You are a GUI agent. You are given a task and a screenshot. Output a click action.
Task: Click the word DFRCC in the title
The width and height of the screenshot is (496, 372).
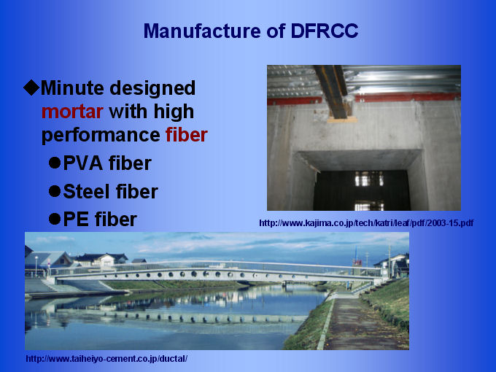pos(325,31)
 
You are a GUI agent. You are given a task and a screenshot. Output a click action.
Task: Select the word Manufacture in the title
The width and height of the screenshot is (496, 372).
pos(202,31)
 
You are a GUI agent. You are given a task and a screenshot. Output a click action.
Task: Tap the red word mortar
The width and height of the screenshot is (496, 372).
pos(72,112)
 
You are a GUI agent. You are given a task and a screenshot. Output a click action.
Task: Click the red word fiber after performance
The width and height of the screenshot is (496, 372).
pos(187,135)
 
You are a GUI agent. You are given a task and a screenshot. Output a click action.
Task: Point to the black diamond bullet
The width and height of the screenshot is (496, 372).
pos(31,88)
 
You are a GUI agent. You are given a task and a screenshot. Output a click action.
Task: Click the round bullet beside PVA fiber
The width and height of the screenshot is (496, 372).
pos(55,163)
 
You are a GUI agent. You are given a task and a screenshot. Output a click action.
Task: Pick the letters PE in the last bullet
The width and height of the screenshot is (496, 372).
pos(76,220)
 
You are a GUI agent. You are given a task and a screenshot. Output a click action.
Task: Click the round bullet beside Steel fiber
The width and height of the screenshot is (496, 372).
pos(55,191)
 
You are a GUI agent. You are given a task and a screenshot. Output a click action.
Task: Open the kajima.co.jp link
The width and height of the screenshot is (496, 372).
pos(366,223)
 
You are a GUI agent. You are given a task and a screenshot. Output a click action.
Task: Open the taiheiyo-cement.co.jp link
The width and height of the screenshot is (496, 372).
pos(106,359)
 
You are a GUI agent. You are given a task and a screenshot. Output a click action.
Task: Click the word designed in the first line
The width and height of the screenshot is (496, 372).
pos(152,88)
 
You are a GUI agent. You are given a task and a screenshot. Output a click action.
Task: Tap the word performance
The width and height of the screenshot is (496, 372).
pos(101,136)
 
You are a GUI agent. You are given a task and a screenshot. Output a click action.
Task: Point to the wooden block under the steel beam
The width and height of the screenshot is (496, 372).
pos(342,119)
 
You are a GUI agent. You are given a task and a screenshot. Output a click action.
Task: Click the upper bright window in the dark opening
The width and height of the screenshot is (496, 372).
pos(369,179)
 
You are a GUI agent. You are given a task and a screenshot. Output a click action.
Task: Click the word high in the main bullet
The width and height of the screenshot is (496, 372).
pos(174,112)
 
